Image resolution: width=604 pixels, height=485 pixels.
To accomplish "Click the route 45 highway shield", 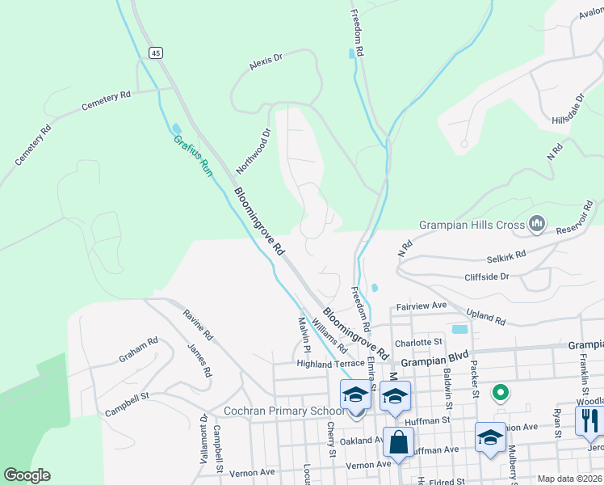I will click(156, 53).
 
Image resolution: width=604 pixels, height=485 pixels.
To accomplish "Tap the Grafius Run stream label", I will click(192, 155).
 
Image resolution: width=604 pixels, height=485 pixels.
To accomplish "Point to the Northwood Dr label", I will click(253, 151).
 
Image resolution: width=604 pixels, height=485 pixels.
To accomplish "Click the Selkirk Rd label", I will click(506, 257).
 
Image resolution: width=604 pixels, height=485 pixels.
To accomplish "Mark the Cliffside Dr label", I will click(487, 276).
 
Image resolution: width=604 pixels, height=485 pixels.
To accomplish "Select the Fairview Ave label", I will click(421, 306).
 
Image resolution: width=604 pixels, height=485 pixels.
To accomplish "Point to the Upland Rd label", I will click(485, 316).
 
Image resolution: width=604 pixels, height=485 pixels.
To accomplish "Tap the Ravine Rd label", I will click(198, 324).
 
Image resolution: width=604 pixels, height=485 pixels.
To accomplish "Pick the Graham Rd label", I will click(138, 350).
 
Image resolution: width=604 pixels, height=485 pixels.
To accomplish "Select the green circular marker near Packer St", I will click(501, 394).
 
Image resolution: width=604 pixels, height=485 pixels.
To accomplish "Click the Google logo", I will click(27, 475).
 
